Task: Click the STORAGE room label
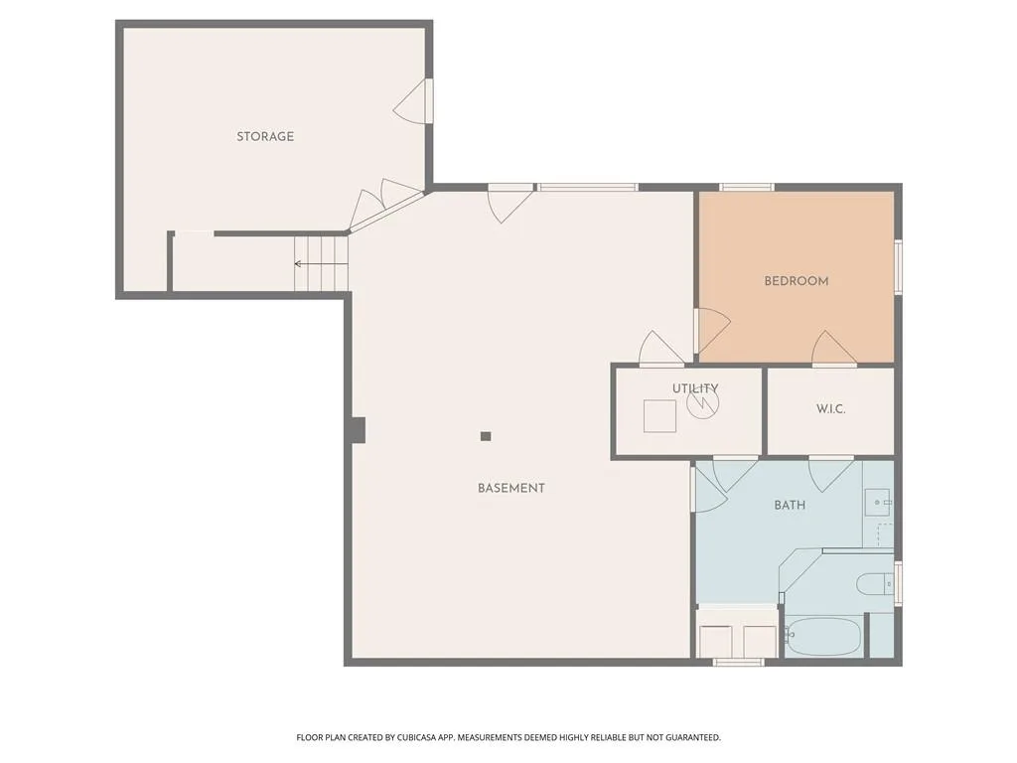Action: point(264,136)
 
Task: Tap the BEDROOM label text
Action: point(796,281)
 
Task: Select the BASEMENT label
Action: point(511,488)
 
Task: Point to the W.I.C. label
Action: point(830,408)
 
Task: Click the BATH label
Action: point(790,505)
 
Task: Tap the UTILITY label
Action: point(694,388)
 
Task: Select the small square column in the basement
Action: point(485,437)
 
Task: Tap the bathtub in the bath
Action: point(823,636)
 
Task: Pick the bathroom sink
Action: point(879,503)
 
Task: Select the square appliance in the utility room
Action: point(659,416)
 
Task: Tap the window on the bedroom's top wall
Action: point(747,188)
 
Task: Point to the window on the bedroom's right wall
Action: point(898,266)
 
